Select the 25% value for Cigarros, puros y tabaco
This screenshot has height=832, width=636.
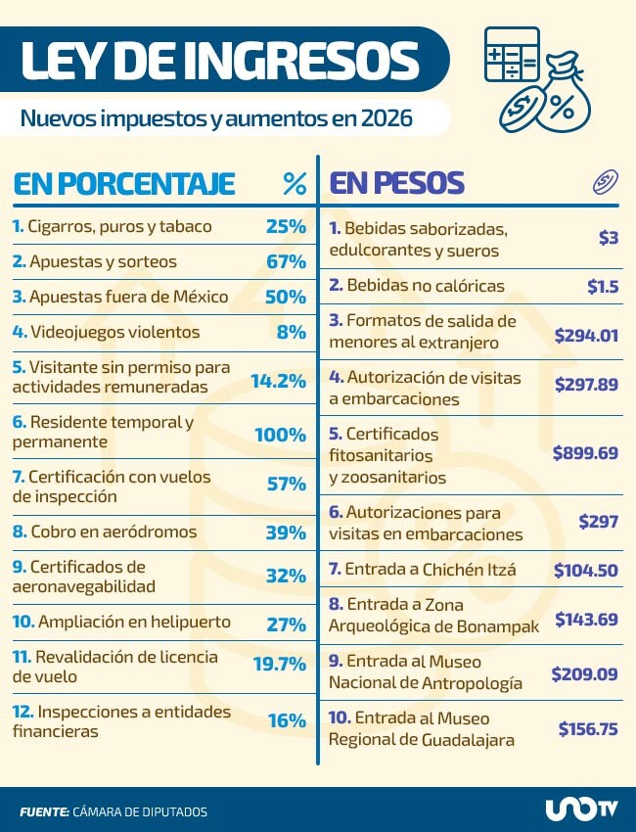pos(286,226)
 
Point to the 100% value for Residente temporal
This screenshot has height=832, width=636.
pos(281,434)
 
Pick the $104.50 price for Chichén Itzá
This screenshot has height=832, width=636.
pos(586,570)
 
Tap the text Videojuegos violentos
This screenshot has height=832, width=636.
pos(114,332)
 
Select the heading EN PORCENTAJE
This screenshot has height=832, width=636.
pos(123,183)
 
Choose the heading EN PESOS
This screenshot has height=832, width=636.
pos(396,183)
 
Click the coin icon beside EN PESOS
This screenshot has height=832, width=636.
pos(606,182)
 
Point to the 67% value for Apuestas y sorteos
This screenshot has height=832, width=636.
pos(286,261)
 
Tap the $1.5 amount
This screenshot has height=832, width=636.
pos(602,286)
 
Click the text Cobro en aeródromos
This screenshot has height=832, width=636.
pos(113,532)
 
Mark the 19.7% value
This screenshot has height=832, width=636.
pos(280,664)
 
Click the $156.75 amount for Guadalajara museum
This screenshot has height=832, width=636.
pos(588,728)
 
